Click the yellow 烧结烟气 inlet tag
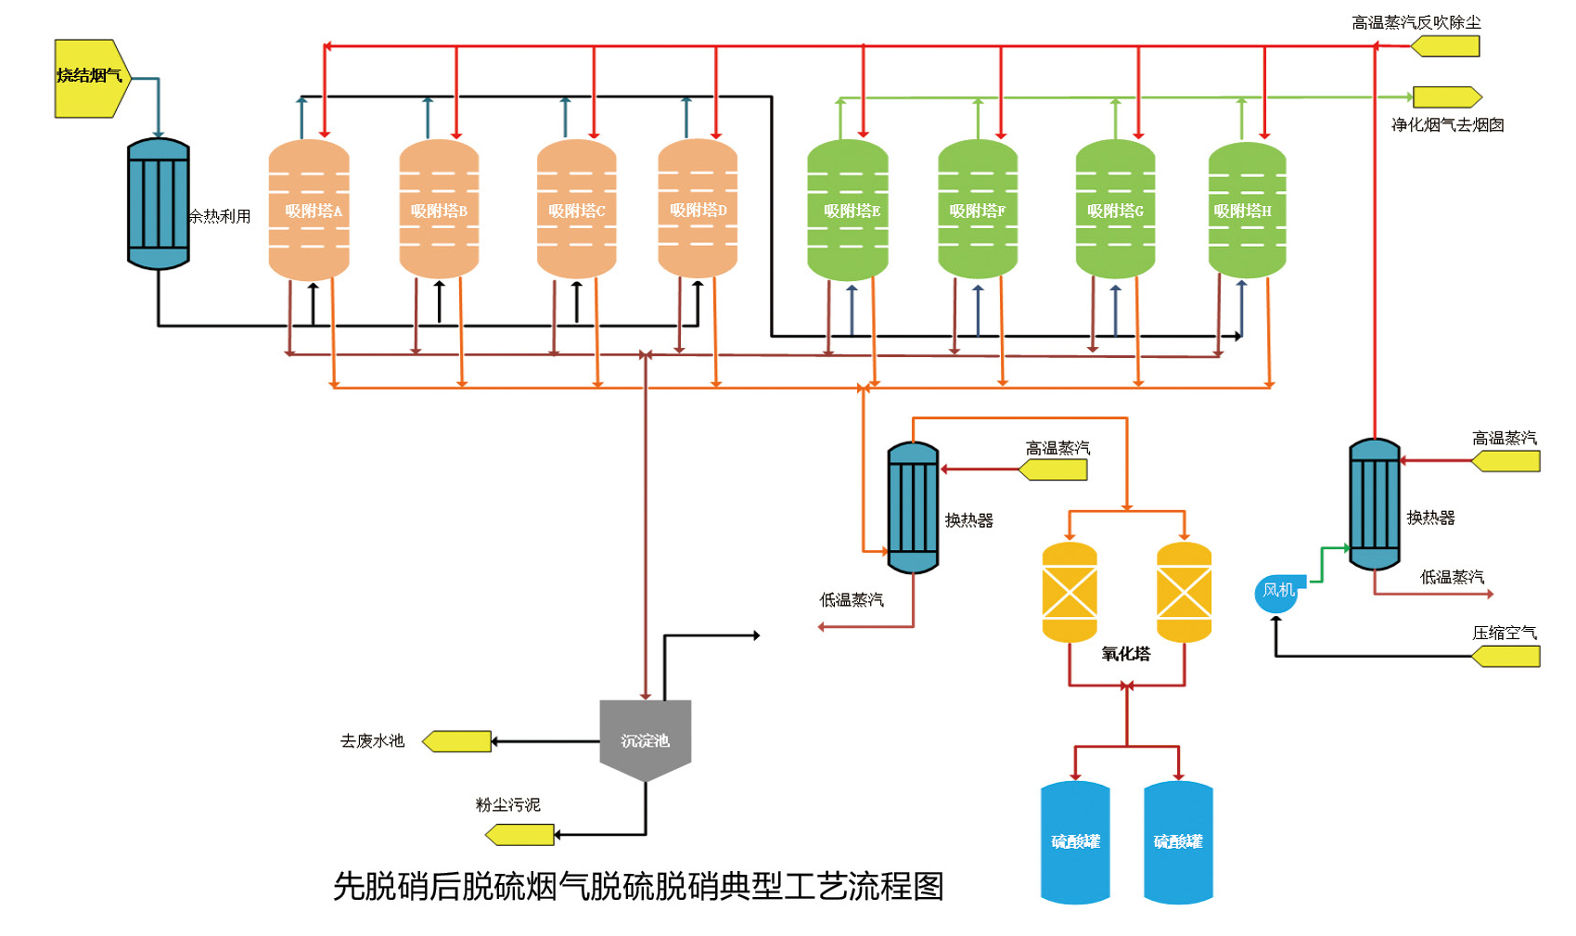pos(91,78)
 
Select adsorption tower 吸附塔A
pos(309,210)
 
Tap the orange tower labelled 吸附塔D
pos(698,209)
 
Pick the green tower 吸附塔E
pos(848,211)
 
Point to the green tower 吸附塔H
pos(1247,211)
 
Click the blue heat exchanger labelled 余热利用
pos(159,204)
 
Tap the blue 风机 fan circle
pos(1276,593)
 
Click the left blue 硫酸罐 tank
pos(1075,841)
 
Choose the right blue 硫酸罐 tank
pos(1178,841)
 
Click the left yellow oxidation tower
pos(1070,592)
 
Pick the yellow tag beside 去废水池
pos(457,741)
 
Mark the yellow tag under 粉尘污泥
pos(520,835)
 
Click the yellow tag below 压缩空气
pos(1506,657)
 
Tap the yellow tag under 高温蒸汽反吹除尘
pos(1445,46)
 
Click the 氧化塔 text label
pos(1126,654)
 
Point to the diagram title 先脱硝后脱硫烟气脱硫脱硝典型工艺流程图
pos(638,886)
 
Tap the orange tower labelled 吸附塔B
pos(439,210)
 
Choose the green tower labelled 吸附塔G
pos(1115,211)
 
